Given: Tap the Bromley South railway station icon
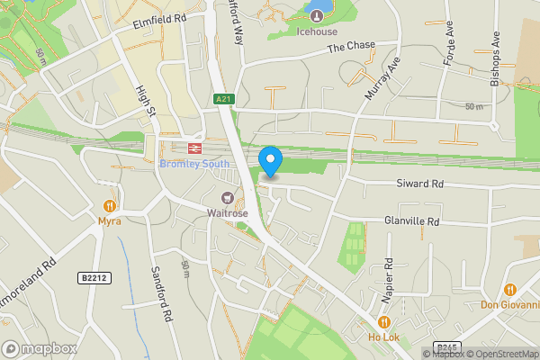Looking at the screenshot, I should (x=193, y=148).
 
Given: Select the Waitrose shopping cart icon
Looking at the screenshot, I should (x=228, y=198).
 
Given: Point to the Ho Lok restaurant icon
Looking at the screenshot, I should (x=384, y=322).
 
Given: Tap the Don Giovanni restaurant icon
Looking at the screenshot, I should (x=510, y=290).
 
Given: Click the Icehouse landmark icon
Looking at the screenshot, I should (x=317, y=14).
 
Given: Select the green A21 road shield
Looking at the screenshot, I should (x=222, y=99).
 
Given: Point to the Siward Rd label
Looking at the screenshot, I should (x=420, y=184).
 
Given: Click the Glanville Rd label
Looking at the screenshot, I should (x=411, y=221).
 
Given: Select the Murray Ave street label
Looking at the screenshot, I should (x=381, y=81).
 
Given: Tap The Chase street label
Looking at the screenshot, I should (x=349, y=48).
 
